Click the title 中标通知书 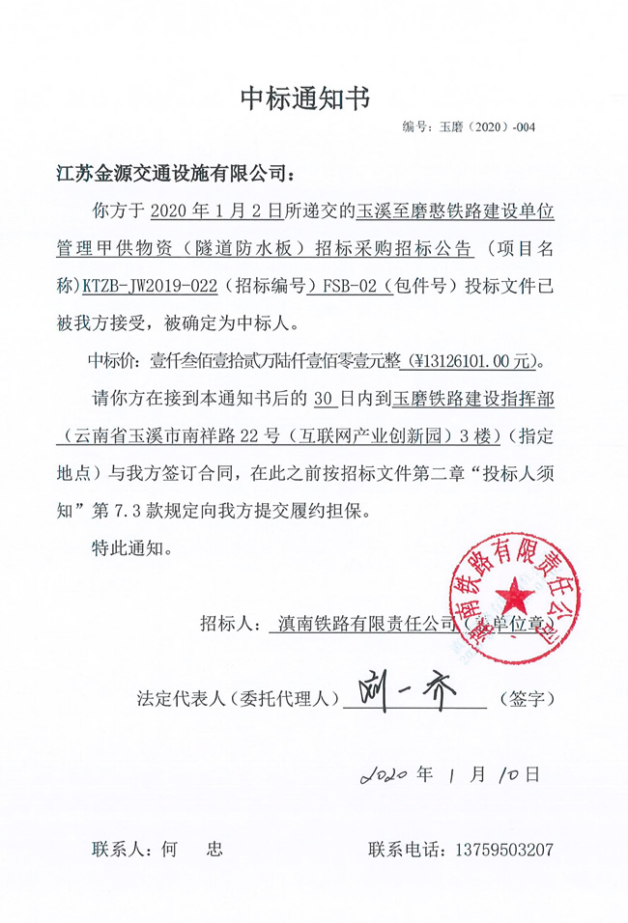(x=305, y=98)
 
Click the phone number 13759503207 (x=503, y=851)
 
